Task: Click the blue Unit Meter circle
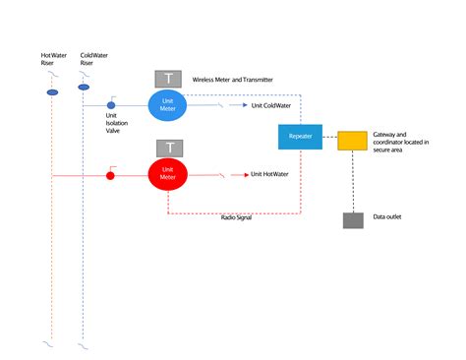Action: pyautogui.click(x=167, y=105)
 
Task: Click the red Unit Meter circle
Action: pyautogui.click(x=168, y=174)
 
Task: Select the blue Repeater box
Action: pyautogui.click(x=300, y=137)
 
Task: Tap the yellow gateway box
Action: pyautogui.click(x=352, y=141)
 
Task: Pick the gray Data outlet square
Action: pyautogui.click(x=353, y=220)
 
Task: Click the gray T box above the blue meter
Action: pyautogui.click(x=168, y=79)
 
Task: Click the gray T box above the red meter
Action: pyautogui.click(x=170, y=149)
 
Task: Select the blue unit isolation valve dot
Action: pyautogui.click(x=111, y=105)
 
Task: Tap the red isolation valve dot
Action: pyautogui.click(x=110, y=176)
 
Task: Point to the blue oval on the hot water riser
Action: pyautogui.click(x=52, y=92)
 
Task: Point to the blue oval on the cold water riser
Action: pyautogui.click(x=84, y=88)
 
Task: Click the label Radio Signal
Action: pyautogui.click(x=236, y=217)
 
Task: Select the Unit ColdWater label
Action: pyautogui.click(x=271, y=105)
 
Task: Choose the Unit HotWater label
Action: pyautogui.click(x=269, y=174)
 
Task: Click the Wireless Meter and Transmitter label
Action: pyautogui.click(x=232, y=80)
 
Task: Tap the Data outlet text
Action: pyautogui.click(x=387, y=216)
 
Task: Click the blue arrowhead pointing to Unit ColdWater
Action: pyautogui.click(x=245, y=105)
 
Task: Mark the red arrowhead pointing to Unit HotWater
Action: pyautogui.click(x=247, y=175)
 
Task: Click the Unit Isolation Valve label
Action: pyautogui.click(x=117, y=123)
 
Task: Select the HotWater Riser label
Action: pyautogui.click(x=54, y=59)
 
